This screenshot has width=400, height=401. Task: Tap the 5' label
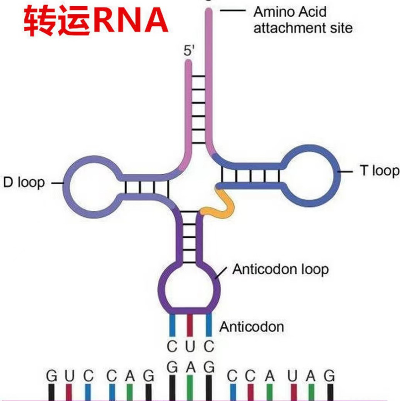point(190,52)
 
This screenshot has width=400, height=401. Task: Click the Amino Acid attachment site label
point(303,20)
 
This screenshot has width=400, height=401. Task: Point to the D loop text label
point(24,183)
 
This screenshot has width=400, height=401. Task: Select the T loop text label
point(379,170)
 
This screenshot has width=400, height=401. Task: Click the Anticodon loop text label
point(280,269)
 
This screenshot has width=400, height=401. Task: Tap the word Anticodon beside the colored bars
point(252,326)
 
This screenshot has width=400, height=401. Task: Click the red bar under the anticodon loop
point(190,326)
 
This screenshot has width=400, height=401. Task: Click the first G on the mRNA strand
point(51,377)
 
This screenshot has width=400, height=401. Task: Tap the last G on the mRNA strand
point(330,377)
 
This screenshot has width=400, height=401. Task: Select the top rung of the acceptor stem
point(198,77)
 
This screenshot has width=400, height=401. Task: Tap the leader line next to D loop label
point(57,183)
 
